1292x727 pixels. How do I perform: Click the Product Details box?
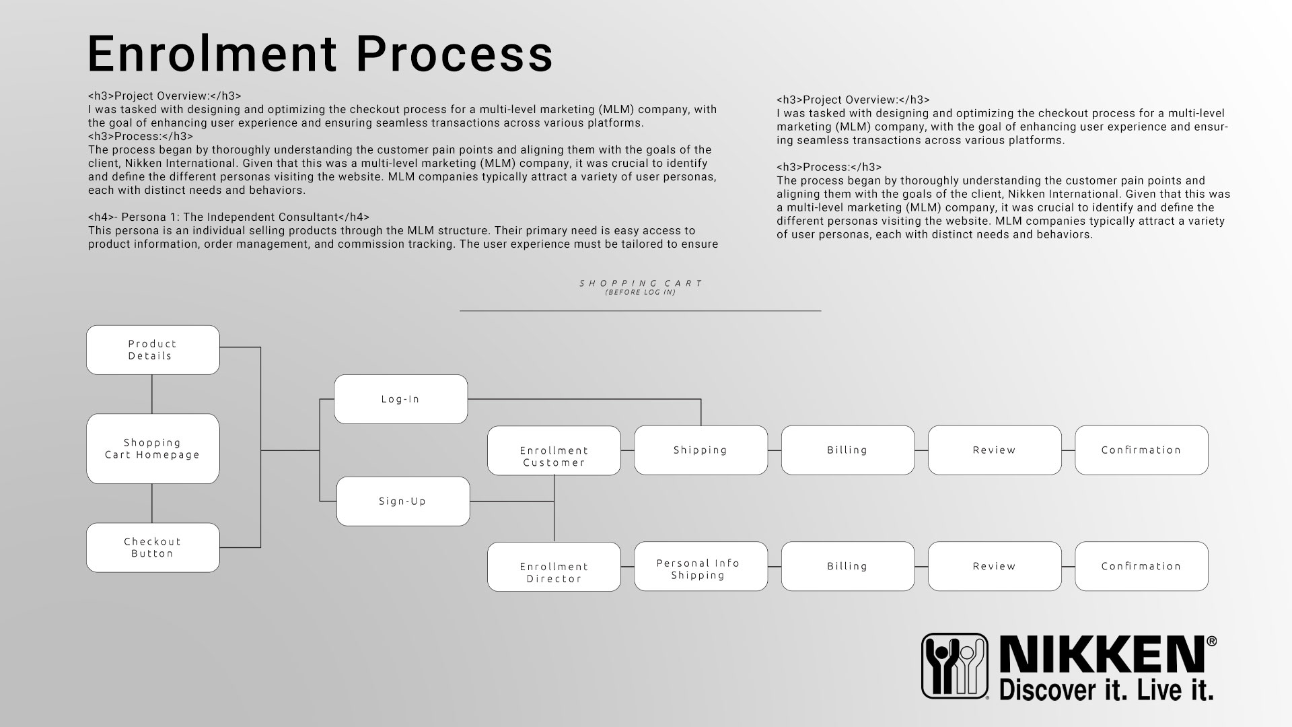(x=153, y=350)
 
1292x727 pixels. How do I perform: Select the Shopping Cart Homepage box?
(x=153, y=448)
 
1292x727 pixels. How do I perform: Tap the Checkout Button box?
(x=153, y=547)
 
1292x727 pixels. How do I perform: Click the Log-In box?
(x=400, y=399)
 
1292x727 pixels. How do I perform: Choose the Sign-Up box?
(x=403, y=501)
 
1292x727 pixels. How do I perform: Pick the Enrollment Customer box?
(x=554, y=450)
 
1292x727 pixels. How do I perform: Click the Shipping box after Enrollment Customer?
(x=701, y=450)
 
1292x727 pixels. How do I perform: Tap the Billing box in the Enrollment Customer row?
(x=848, y=450)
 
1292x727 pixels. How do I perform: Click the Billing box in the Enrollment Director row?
(x=848, y=567)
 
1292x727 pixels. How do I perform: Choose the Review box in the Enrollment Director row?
(x=995, y=567)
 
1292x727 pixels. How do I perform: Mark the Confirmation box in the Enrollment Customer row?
(x=1141, y=450)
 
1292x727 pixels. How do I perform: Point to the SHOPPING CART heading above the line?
(x=641, y=283)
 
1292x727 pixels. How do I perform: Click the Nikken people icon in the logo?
(x=955, y=665)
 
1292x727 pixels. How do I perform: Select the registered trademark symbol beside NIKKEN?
(x=1211, y=642)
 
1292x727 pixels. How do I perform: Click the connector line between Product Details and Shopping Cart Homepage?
(x=152, y=394)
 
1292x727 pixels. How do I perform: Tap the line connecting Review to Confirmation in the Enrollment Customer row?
(x=1068, y=450)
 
